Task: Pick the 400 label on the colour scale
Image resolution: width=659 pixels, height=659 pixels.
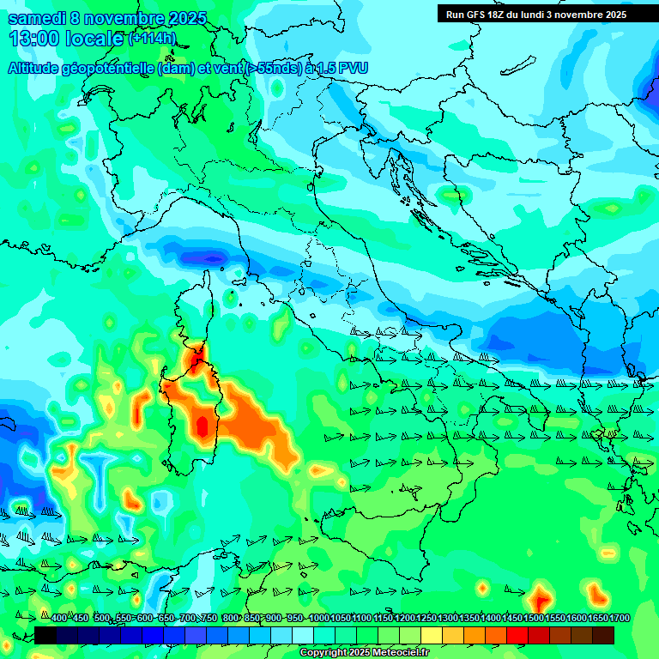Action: [58, 618]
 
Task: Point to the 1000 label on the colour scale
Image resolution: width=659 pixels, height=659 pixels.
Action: [318, 618]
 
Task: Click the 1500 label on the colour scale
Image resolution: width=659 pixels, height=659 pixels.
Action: [534, 618]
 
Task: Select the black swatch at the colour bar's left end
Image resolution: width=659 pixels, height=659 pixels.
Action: [45, 635]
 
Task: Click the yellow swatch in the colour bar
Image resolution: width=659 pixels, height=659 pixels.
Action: [432, 635]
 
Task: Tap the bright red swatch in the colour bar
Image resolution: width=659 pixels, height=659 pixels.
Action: [517, 635]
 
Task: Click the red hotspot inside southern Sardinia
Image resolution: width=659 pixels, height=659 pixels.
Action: [203, 426]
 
